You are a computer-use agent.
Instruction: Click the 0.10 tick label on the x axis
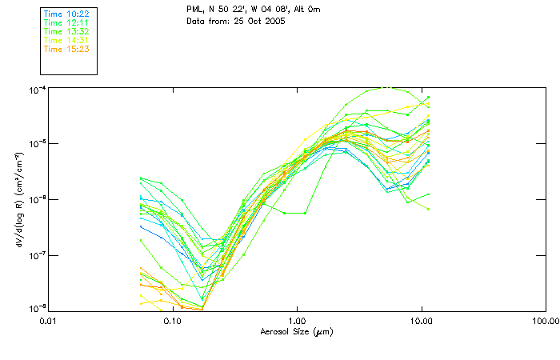click(x=172, y=321)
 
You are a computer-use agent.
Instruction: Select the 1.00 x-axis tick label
click(x=297, y=321)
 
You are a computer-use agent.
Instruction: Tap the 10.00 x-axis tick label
click(x=422, y=321)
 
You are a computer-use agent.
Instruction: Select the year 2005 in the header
click(x=273, y=20)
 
